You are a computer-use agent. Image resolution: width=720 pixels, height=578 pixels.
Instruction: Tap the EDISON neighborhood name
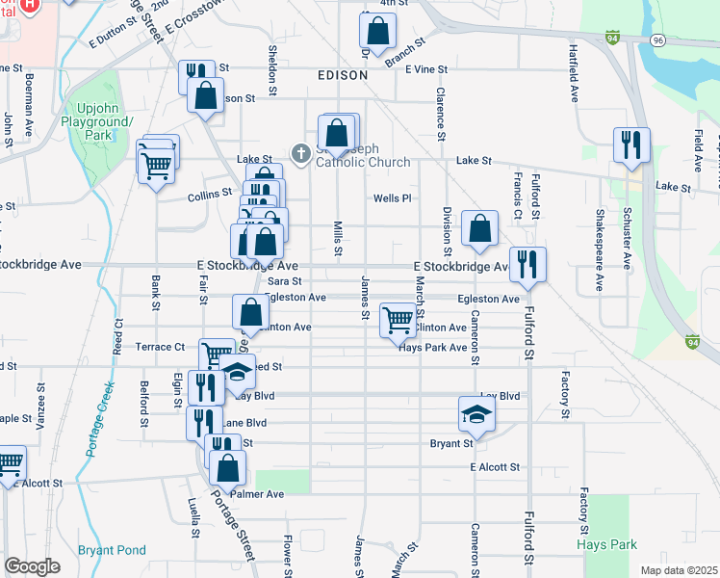pyautogui.click(x=343, y=74)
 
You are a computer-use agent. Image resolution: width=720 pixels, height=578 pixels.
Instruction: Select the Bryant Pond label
pyautogui.click(x=112, y=550)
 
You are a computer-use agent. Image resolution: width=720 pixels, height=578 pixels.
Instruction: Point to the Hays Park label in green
pyautogui.click(x=607, y=544)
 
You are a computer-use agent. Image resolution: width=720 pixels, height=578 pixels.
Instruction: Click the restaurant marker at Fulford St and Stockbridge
pyautogui.click(x=527, y=264)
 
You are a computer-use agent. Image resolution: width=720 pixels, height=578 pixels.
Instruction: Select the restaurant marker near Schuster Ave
pyautogui.click(x=631, y=144)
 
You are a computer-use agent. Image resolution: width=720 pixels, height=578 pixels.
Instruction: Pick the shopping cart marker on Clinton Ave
pyautogui.click(x=398, y=320)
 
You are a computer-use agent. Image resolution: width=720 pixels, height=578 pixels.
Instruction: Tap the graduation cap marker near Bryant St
pyautogui.click(x=476, y=413)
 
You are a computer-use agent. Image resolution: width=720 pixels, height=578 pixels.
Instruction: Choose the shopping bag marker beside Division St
pyautogui.click(x=479, y=228)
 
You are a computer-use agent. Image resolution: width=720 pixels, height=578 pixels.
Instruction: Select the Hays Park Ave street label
pyautogui.click(x=432, y=347)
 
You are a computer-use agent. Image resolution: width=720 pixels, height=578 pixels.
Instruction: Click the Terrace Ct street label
pyautogui.click(x=160, y=347)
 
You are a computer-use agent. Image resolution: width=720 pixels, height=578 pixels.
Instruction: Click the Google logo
pyautogui.click(x=32, y=566)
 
